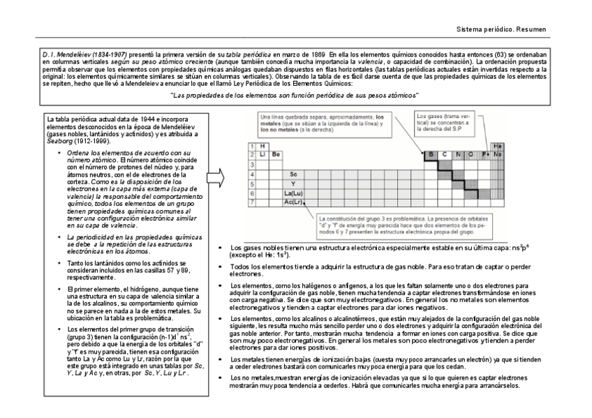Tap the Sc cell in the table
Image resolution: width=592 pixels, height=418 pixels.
coord(293,173)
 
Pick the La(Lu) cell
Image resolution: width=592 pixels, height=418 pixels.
coord(293,192)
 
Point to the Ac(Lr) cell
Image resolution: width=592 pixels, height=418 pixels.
coord(293,202)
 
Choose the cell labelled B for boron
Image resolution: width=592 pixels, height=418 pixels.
coord(431,154)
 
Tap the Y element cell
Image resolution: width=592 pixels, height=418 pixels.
coord(293,183)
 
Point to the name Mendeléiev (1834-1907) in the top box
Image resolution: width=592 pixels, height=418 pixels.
coord(84,54)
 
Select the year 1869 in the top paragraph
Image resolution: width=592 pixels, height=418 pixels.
coord(318,54)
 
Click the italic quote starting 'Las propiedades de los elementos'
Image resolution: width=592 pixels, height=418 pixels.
coord(294,95)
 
